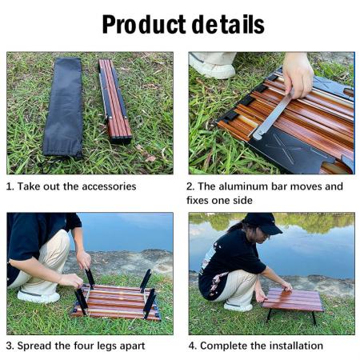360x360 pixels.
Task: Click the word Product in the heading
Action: pos(145,25)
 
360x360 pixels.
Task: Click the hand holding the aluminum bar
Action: pos(298,73)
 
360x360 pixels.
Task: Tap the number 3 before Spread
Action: pos(10,346)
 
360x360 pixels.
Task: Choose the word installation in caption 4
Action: pos(294,346)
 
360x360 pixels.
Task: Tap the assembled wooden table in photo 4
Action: pos(292,301)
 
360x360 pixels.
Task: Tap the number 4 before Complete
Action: pos(191,346)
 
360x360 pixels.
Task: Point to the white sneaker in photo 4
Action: pos(238,305)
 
